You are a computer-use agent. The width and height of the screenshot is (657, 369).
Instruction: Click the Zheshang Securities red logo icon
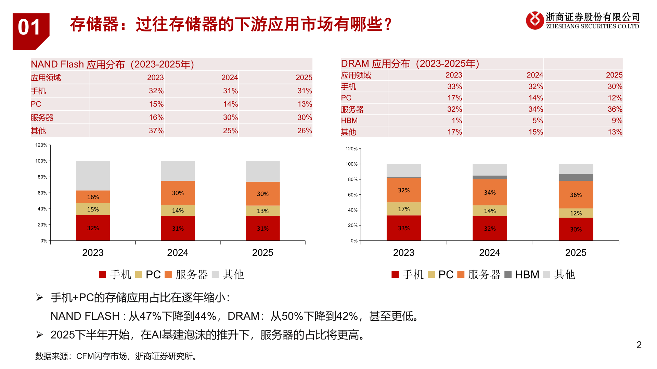(534, 20)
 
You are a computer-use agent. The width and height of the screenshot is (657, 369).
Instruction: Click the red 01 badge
(30, 29)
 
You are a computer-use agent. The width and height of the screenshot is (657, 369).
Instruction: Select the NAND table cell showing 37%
(156, 131)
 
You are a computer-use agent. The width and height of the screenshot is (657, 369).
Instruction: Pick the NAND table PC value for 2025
(305, 104)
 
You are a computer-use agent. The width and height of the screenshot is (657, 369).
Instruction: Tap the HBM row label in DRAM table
(349, 121)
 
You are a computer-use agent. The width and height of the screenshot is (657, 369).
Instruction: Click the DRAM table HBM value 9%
(617, 121)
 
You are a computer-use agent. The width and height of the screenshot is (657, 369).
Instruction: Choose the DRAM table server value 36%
(615, 109)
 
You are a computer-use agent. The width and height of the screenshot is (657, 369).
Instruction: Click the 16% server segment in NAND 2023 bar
(93, 197)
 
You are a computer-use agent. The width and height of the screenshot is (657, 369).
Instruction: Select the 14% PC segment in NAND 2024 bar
(178, 210)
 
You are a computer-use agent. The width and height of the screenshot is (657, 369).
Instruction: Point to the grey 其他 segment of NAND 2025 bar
(262, 171)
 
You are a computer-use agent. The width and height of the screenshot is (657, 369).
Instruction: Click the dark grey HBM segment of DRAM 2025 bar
(576, 177)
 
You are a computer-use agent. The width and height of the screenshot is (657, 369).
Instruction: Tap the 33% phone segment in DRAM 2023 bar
(403, 228)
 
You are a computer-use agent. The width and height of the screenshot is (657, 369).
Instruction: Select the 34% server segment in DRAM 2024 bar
(490, 192)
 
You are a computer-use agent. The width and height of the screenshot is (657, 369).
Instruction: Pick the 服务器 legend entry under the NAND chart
(186, 275)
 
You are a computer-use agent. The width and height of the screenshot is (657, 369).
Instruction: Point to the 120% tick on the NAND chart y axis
(41, 145)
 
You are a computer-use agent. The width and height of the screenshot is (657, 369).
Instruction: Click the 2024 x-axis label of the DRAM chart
(489, 253)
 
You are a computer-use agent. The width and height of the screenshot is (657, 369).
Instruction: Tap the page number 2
(639, 345)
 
